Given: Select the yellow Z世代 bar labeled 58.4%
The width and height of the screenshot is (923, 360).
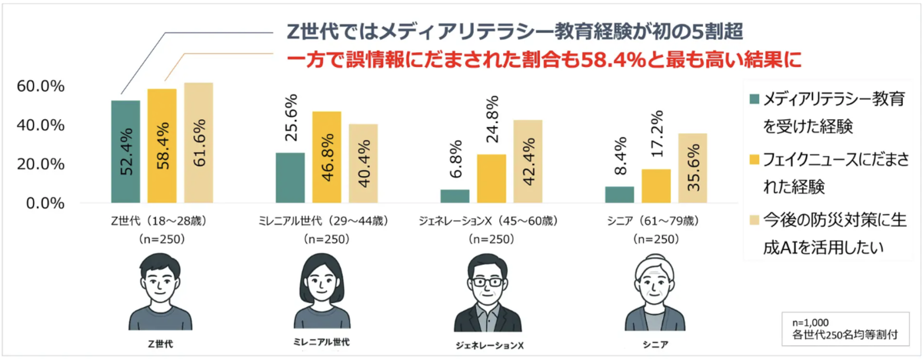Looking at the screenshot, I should [162, 146].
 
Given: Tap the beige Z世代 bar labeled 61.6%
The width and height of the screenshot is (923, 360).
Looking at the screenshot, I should [198, 143].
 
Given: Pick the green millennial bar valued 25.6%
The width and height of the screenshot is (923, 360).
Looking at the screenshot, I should [290, 178].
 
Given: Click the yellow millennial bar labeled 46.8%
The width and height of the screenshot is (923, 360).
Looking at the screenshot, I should [326, 158].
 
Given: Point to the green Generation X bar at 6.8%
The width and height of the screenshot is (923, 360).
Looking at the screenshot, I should [455, 196].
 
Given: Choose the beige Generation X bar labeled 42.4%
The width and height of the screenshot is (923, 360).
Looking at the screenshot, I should [528, 162].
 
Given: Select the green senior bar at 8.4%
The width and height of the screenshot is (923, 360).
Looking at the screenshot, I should [619, 195].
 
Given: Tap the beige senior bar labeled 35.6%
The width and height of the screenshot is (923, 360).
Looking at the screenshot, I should [692, 168].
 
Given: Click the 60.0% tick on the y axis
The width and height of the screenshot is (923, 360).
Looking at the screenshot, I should [39, 86].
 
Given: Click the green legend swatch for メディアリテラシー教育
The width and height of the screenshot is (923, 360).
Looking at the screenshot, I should [754, 98].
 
